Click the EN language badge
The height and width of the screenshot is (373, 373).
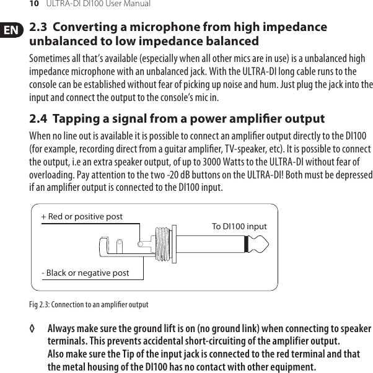[x=11, y=30]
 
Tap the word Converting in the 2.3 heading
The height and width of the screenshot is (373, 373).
[x=89, y=27]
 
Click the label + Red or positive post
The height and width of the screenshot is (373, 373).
[x=82, y=217]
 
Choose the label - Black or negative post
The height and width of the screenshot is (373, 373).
[x=85, y=273]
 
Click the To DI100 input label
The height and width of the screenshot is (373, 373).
[x=239, y=227]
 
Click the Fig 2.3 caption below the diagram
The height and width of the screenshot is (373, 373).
[x=89, y=305]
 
